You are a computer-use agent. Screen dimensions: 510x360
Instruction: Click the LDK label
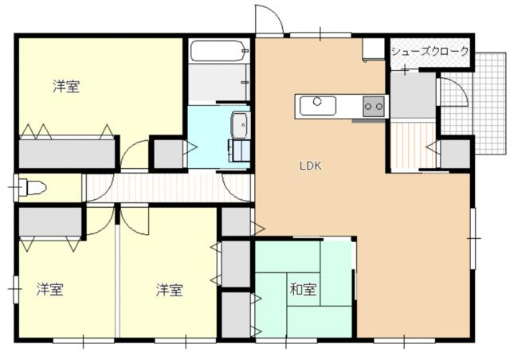click(310, 166)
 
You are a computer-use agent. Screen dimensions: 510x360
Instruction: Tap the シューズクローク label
click(430, 52)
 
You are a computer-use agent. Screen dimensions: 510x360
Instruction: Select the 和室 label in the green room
click(303, 289)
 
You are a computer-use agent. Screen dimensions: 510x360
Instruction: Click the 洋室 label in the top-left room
click(66, 87)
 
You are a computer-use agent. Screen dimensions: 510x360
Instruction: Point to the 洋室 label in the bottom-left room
click(49, 289)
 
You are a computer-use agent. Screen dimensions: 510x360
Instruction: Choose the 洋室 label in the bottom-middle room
click(169, 290)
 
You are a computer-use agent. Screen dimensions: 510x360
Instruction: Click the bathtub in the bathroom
click(220, 51)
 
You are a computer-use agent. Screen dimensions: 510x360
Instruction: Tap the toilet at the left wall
click(33, 188)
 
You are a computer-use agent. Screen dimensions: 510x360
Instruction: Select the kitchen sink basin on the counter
click(318, 106)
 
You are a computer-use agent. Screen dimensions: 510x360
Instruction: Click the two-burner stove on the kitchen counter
click(374, 107)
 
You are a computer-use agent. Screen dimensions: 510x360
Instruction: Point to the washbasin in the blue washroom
click(240, 125)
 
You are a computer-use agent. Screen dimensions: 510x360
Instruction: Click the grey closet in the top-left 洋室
click(67, 154)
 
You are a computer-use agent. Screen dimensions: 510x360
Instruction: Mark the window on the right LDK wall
click(473, 238)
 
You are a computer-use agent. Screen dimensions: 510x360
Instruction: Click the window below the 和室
click(286, 341)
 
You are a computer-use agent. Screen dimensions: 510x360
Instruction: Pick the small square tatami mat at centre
click(304, 289)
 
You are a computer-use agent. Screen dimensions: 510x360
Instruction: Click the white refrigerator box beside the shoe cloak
click(374, 49)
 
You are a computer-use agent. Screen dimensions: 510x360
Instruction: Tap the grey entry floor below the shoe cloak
click(413, 95)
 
